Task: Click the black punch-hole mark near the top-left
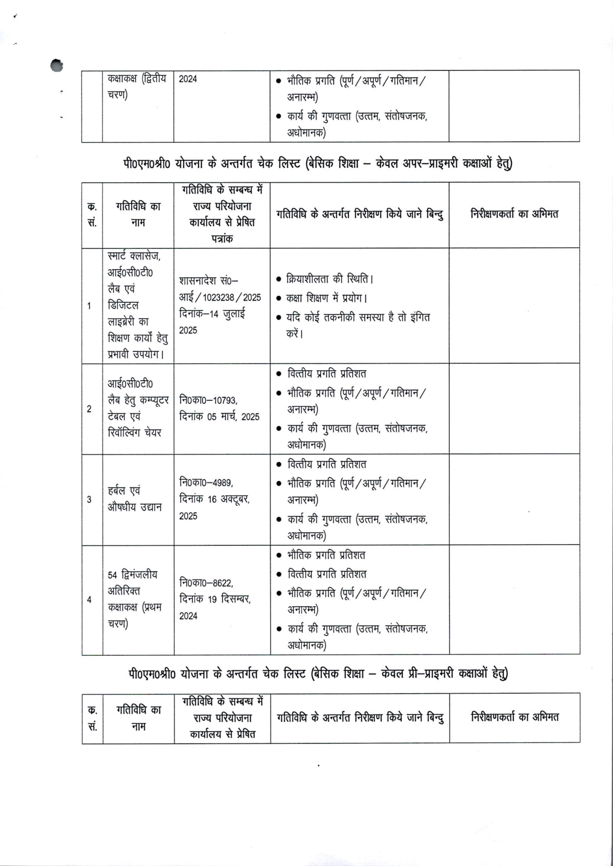click(56, 65)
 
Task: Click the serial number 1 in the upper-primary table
click(89, 306)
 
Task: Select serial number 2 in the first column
click(89, 409)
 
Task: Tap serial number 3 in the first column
click(89, 500)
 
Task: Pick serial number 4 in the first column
click(89, 599)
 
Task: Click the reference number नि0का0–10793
click(208, 400)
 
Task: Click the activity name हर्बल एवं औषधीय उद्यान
click(134, 499)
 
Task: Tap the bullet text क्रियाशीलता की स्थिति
click(330, 279)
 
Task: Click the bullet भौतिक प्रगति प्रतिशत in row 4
click(326, 555)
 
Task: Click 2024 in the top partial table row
click(188, 79)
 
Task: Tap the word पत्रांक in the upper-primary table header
click(222, 238)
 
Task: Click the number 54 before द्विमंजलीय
click(112, 575)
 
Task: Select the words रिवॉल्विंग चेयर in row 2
click(134, 432)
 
